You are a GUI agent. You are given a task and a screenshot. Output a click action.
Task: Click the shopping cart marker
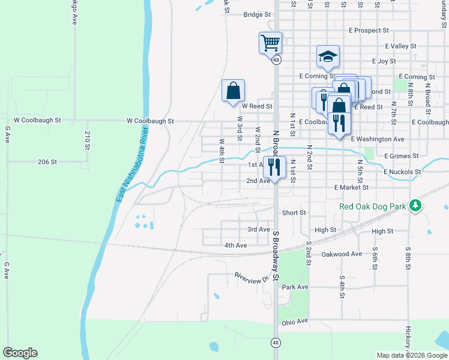pyautogui.click(x=270, y=43)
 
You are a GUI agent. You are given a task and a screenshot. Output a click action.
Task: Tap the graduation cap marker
pyautogui.click(x=328, y=56)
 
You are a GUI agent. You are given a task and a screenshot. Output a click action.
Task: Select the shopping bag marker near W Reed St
pyautogui.click(x=233, y=91)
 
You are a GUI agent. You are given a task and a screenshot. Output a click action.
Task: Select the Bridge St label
pyautogui.click(x=258, y=15)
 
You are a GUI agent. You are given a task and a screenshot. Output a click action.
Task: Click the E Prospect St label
pyautogui.click(x=369, y=30)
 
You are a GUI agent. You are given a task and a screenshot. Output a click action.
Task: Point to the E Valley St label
pyautogui.click(x=400, y=46)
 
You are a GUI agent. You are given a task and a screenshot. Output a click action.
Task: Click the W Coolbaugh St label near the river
pyautogui.click(x=150, y=121)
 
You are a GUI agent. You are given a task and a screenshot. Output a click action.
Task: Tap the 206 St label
pyautogui.click(x=47, y=162)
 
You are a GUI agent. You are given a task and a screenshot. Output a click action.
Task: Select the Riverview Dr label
pyautogui.click(x=252, y=278)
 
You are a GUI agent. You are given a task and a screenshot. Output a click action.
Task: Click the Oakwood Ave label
pyautogui.click(x=342, y=254)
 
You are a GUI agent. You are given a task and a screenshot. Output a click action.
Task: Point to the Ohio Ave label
pyautogui.click(x=294, y=322)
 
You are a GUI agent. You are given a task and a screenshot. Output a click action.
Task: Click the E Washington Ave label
pyautogui.click(x=378, y=139)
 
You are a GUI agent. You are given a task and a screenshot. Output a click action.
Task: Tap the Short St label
pyautogui.click(x=294, y=212)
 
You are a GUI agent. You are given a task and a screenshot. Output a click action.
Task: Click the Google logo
pyautogui.click(x=20, y=353)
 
